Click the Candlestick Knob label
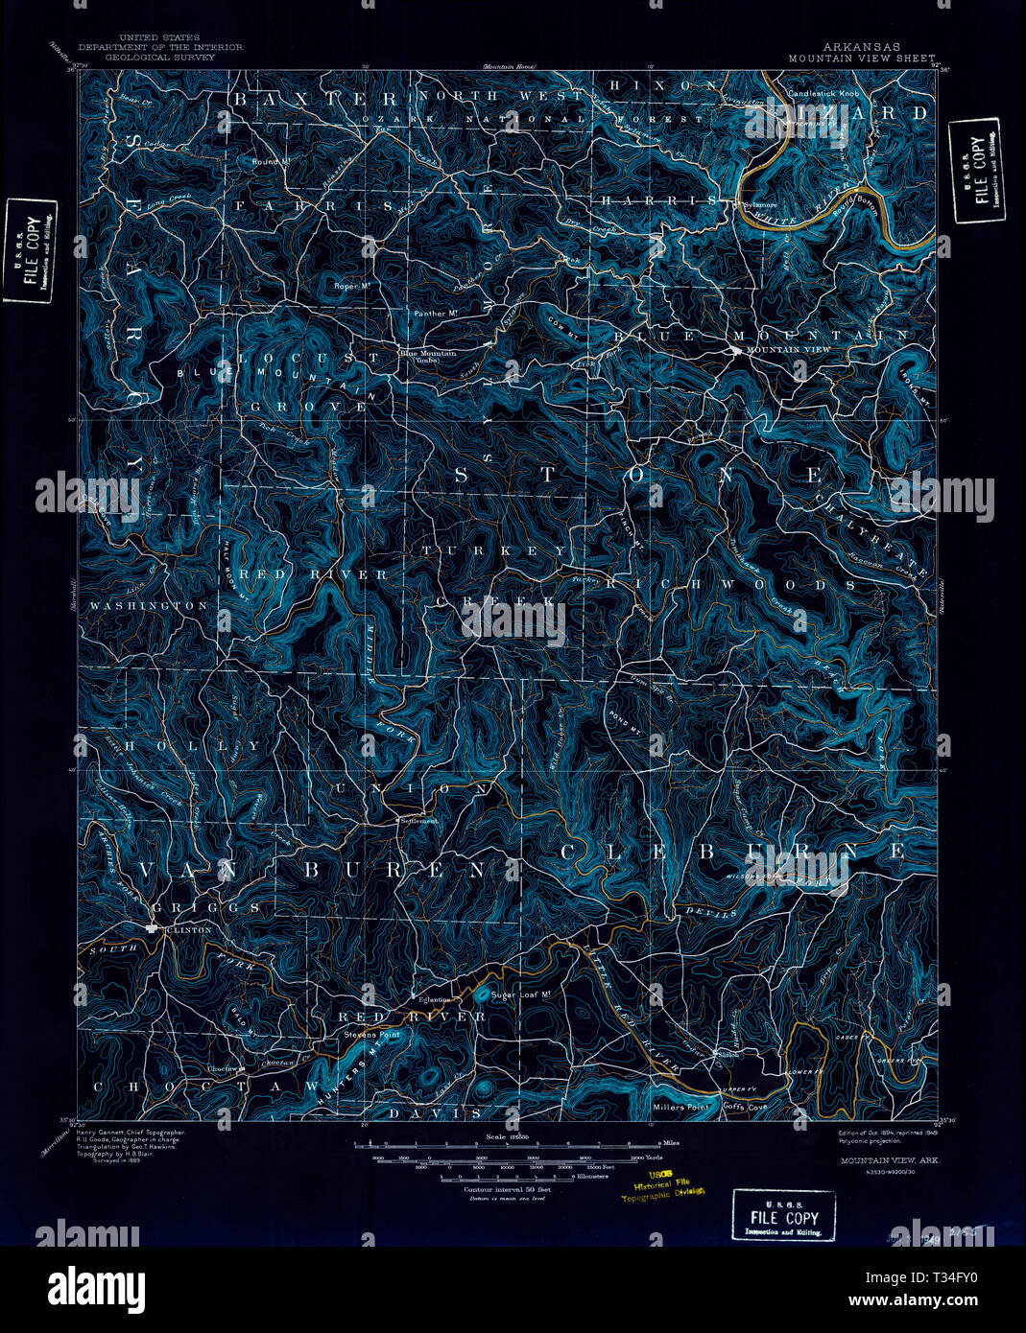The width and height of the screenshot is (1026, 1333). [x=823, y=94]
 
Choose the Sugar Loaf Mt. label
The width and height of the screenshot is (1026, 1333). [x=519, y=995]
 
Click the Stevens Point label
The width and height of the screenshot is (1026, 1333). [x=372, y=1035]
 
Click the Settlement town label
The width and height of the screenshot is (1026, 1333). [x=418, y=821]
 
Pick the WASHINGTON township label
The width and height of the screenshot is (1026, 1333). [x=148, y=606]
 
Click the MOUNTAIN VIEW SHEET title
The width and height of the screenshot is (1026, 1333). [x=861, y=58]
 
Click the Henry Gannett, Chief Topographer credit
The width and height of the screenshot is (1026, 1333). [x=130, y=1133]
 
